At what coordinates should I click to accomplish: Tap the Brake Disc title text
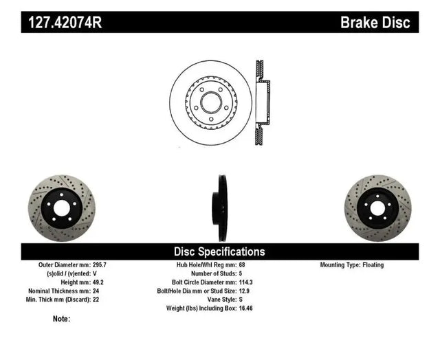(x=375, y=22)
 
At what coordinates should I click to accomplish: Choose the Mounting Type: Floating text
(x=352, y=265)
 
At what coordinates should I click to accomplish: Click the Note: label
(x=61, y=319)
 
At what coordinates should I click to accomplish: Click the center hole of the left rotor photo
(x=61, y=208)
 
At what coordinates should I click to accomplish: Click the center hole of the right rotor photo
(x=377, y=208)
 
